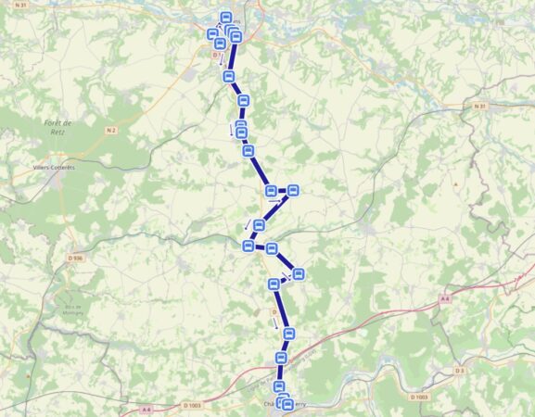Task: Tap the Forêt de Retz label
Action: pyautogui.click(x=58, y=128)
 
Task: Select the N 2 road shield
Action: pyautogui.click(x=111, y=131)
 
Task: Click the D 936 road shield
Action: pyautogui.click(x=76, y=258)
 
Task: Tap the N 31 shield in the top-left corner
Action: pyautogui.click(x=21, y=6)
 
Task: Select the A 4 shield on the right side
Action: pyautogui.click(x=445, y=298)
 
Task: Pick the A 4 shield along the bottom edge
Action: pyautogui.click(x=146, y=409)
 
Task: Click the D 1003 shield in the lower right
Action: pyautogui.click(x=419, y=397)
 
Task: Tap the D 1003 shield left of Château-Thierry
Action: pyautogui.click(x=192, y=405)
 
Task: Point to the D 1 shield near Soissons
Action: pyautogui.click(x=216, y=55)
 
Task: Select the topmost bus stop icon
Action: pyautogui.click(x=225, y=18)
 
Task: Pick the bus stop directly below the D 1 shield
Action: pyautogui.click(x=228, y=76)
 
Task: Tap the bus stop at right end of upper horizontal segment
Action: pyautogui.click(x=293, y=191)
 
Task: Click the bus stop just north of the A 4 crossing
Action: pyautogui.click(x=281, y=358)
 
